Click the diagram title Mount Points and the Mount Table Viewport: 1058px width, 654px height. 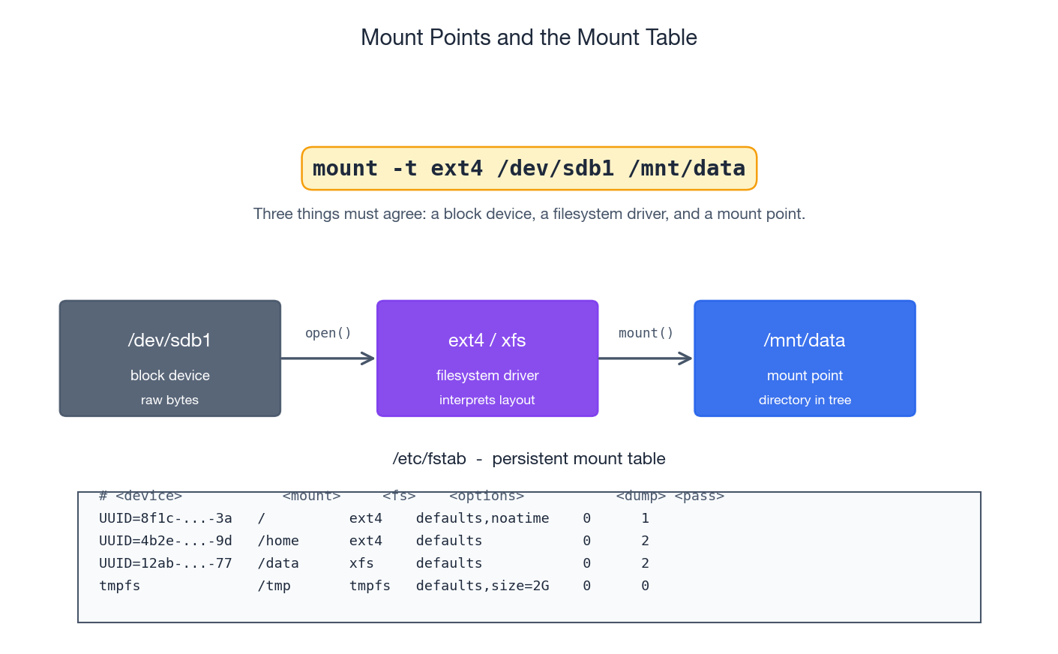(x=529, y=37)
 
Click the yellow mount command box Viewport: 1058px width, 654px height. (x=529, y=169)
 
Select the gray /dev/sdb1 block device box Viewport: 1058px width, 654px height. (x=170, y=358)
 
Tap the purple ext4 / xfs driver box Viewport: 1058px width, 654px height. (x=487, y=358)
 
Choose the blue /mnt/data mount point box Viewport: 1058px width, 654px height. (x=805, y=358)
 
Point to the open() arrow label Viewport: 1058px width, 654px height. (x=328, y=333)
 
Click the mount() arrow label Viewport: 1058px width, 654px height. (x=646, y=333)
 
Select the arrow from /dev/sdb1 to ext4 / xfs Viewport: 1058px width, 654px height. (x=328, y=358)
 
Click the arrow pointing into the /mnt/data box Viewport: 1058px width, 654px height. (x=645, y=358)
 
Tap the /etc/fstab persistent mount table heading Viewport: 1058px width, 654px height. (x=529, y=458)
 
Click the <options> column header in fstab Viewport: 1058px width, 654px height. (x=487, y=496)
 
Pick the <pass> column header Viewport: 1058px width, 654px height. (x=699, y=496)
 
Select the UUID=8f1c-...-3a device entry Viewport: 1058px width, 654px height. (x=166, y=518)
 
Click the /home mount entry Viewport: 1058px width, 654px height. (x=278, y=541)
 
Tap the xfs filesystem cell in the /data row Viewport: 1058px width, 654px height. (x=361, y=563)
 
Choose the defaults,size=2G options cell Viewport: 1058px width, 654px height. (x=482, y=586)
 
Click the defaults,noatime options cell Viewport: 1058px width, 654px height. (x=482, y=518)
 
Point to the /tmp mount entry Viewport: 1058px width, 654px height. (x=274, y=586)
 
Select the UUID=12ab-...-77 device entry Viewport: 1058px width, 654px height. (x=166, y=563)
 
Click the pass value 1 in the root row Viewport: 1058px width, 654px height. (x=645, y=518)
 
